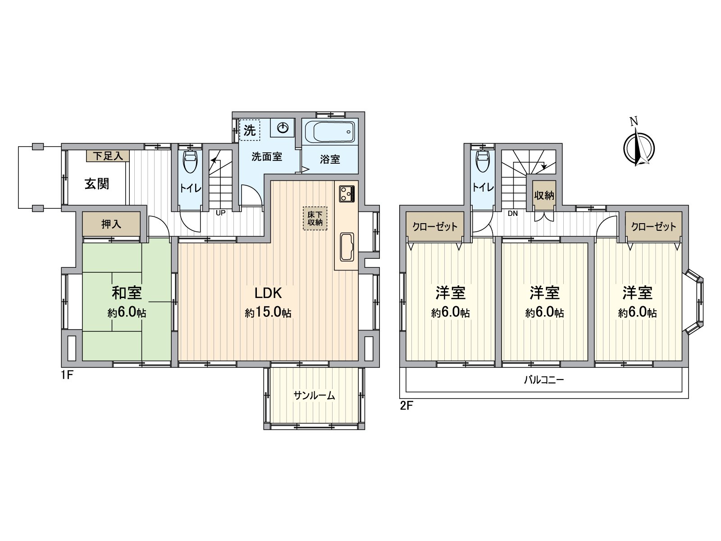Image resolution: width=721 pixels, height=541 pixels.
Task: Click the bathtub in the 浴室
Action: pos(329,132)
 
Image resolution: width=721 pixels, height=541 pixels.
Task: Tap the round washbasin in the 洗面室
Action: pos(283,128)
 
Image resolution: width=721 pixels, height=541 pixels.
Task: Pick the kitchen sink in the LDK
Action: pos(346,247)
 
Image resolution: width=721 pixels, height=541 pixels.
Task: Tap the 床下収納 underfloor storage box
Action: pos(315,219)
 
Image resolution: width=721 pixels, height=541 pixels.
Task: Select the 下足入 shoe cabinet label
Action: pos(108,156)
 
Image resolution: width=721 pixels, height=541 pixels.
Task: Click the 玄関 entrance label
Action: pos(97,184)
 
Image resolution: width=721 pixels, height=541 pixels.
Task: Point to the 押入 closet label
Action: pos(111,224)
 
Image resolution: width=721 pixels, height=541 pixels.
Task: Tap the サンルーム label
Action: pos(315,396)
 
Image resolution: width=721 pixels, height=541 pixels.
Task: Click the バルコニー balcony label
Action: pos(544,380)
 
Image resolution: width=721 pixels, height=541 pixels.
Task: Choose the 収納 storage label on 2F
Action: pos(544,196)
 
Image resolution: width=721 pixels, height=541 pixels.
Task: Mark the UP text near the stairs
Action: pos(220,213)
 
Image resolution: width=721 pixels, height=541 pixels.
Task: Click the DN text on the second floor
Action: pos(513,214)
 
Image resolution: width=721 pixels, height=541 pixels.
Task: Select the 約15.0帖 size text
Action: pos(268,312)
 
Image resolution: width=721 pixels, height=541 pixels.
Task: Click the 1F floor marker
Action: pos(67,374)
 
